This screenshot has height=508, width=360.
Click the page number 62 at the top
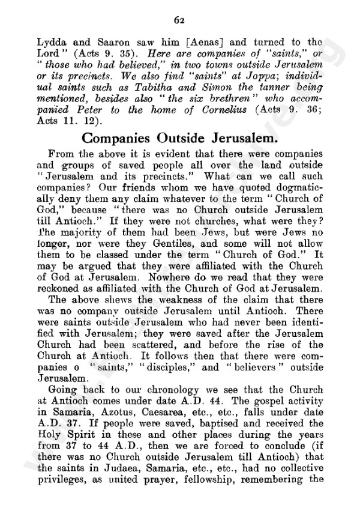[179, 20]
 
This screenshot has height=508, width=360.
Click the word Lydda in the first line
[50, 42]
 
